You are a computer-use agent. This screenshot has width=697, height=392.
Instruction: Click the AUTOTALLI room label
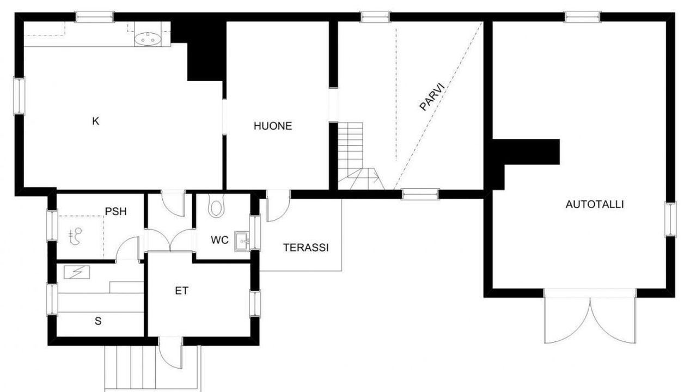coord(595,204)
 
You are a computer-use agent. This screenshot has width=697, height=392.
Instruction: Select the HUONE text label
coord(273,126)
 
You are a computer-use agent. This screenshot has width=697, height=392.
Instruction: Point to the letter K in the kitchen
coord(95,121)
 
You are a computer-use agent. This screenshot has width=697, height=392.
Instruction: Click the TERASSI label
coord(306,248)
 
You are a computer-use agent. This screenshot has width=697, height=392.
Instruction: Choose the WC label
coord(219,240)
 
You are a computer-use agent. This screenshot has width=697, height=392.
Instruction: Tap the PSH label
coord(116,212)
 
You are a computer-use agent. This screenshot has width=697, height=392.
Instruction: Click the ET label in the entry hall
coord(181,291)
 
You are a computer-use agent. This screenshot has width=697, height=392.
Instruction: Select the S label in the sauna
coord(98,321)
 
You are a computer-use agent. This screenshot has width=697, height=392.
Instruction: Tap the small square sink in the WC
coord(242,241)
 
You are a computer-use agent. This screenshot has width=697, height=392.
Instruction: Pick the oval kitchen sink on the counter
coord(148,39)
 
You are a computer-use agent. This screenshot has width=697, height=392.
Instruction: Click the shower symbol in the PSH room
coord(75,236)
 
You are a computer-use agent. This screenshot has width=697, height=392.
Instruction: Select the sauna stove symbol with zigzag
coord(77,272)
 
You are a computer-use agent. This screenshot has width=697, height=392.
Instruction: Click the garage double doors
coord(590,321)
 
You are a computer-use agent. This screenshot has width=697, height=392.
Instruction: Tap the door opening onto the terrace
coord(278,206)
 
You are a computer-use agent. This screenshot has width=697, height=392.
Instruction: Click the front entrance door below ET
coord(170,352)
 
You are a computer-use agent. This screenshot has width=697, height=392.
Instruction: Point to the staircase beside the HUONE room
coord(358,156)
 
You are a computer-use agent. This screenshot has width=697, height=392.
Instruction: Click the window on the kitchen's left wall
coord(19,96)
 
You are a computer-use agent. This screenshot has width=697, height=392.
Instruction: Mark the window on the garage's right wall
coord(670,219)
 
